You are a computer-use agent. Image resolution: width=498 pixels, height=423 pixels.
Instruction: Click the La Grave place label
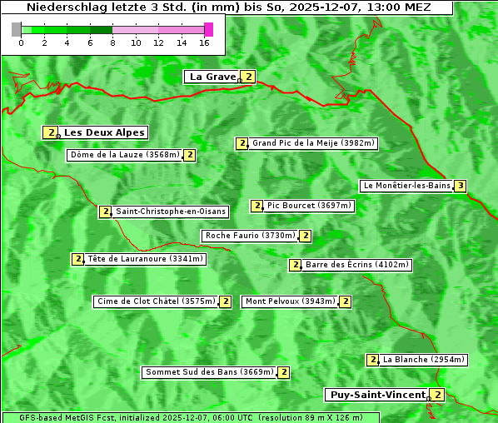click(212, 77)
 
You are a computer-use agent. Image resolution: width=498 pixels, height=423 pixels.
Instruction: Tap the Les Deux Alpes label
click(105, 132)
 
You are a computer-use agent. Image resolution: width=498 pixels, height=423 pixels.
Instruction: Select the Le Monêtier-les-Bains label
click(406, 186)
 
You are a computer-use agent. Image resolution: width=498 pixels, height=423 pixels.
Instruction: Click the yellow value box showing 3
click(460, 186)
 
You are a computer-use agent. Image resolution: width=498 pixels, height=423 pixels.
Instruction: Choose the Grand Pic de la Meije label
click(314, 143)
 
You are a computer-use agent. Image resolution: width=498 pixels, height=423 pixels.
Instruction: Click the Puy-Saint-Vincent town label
click(377, 395)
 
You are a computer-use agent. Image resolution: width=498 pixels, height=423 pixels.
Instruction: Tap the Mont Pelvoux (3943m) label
click(290, 301)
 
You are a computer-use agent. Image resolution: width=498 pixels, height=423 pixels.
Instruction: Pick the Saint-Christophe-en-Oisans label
click(171, 211)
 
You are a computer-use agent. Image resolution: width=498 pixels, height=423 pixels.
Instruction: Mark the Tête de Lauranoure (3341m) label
click(145, 259)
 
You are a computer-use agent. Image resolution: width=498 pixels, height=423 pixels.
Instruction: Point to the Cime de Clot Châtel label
click(155, 301)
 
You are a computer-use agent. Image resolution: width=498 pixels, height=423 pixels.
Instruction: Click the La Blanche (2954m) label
click(424, 360)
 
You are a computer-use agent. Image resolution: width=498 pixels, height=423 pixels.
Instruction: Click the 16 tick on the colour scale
click(205, 42)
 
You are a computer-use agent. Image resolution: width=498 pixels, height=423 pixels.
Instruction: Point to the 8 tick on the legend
click(112, 42)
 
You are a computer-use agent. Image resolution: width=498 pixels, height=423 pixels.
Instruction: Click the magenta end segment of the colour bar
click(208, 29)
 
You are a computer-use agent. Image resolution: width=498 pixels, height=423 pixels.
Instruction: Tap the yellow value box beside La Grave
click(248, 77)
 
